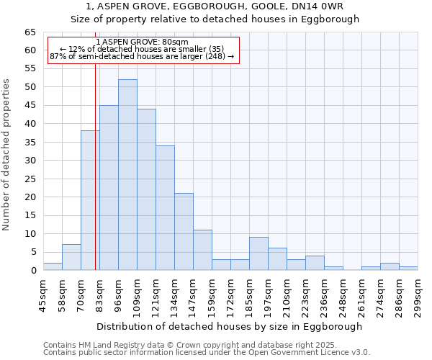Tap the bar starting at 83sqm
(x=109, y=188)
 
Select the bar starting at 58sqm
(x=71, y=257)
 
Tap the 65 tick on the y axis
(x=30, y=32)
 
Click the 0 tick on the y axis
(x=33, y=271)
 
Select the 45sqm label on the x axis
(x=43, y=295)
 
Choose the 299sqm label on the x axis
(x=418, y=295)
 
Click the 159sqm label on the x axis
(x=212, y=295)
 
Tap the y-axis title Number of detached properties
(x=6, y=155)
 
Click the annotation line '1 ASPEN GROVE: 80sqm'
(x=142, y=42)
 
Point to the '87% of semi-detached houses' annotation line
(x=142, y=56)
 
